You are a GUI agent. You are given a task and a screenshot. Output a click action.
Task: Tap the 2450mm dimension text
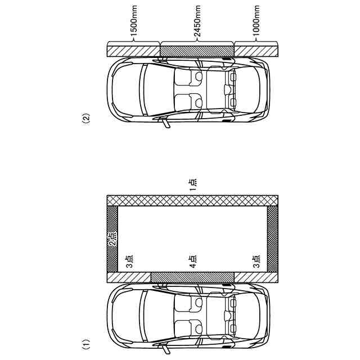[197, 26]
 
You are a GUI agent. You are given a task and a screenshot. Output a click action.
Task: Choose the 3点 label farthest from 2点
[256, 262]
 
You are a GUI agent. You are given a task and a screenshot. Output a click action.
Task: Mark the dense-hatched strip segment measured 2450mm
[197, 49]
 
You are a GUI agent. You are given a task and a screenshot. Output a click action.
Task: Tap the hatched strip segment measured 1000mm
[256, 49]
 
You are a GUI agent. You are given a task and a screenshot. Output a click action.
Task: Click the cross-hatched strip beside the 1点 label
[193, 200]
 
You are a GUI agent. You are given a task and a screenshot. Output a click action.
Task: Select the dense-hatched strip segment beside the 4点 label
[192, 277]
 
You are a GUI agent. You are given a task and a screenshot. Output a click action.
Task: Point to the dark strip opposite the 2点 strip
[272, 239]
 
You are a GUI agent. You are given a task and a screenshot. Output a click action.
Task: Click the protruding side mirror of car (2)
[165, 124]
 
